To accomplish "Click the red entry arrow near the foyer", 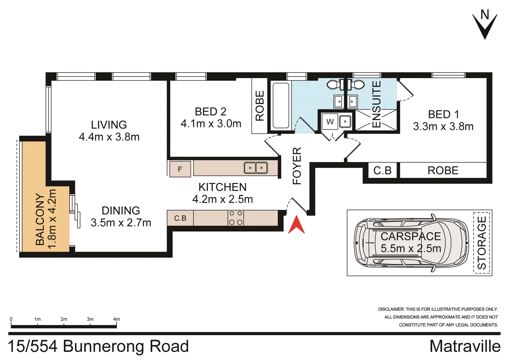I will tap(296, 225).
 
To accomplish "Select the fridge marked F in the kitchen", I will tap(180, 169).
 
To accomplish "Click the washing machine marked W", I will tap(330, 122).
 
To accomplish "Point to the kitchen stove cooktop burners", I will tap(236, 218).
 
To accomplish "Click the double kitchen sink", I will tap(255, 168).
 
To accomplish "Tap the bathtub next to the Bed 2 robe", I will tap(280, 106).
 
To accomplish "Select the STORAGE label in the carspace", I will tap(482, 243).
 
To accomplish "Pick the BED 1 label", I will tap(443, 114).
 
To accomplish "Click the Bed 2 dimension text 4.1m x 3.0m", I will tap(211, 124).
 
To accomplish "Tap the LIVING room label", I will tap(109, 125).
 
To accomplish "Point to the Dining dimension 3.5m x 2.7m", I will tap(121, 222).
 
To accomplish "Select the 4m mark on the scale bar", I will tap(116, 319).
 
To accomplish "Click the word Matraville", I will tap(465, 346).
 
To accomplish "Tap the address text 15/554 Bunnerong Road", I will tap(98, 346).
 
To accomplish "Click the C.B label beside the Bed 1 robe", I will tap(382, 171).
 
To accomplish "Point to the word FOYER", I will tap(297, 166).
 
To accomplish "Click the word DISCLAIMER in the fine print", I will tap(391, 309).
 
